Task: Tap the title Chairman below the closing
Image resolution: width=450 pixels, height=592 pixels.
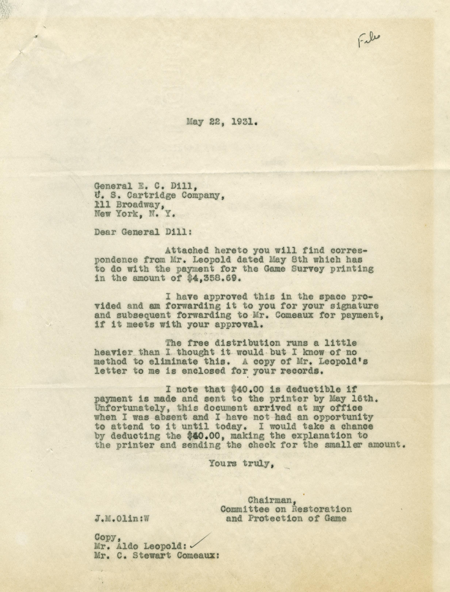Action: tap(272, 500)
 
